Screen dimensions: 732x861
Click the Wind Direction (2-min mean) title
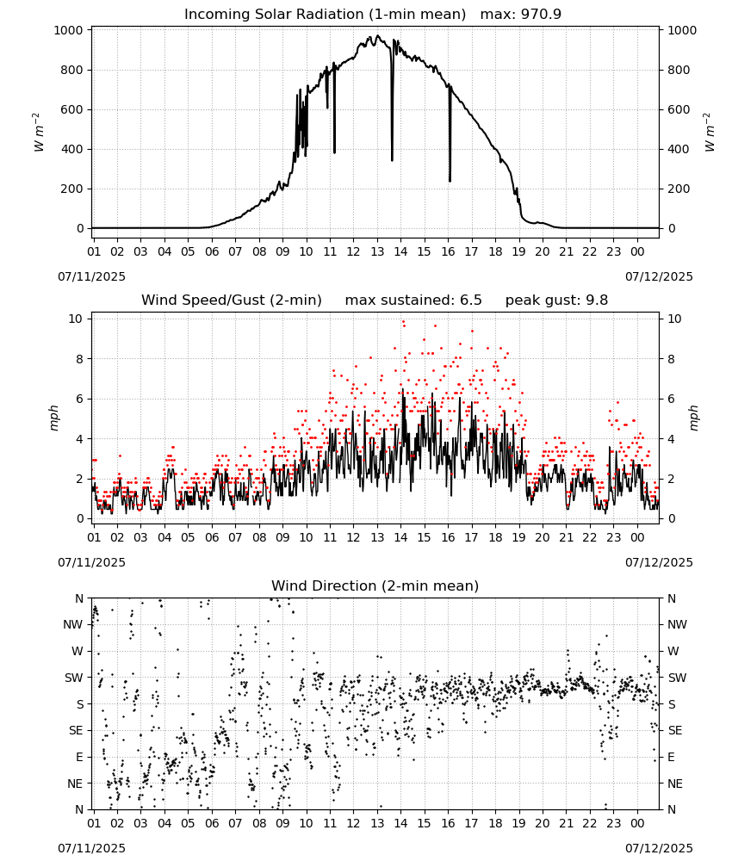[375, 585]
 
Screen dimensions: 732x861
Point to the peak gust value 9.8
[597, 300]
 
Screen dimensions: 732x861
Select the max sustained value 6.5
[470, 300]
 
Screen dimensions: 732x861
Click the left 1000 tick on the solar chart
[69, 30]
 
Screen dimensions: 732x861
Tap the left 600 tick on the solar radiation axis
[72, 109]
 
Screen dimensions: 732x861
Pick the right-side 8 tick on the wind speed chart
[671, 358]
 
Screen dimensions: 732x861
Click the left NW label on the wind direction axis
[73, 624]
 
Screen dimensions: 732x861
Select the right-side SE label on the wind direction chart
[675, 730]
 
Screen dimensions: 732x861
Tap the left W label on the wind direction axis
[78, 651]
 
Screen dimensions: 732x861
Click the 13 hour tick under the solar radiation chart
[377, 251]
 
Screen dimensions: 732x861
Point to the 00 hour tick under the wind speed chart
[637, 537]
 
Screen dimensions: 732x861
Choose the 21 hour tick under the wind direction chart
[566, 823]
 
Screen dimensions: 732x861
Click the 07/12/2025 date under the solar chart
[659, 276]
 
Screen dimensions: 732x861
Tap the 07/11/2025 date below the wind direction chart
[91, 848]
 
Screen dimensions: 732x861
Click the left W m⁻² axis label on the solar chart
[39, 133]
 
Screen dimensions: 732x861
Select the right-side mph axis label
[693, 418]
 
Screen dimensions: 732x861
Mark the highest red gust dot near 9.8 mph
[403, 322]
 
